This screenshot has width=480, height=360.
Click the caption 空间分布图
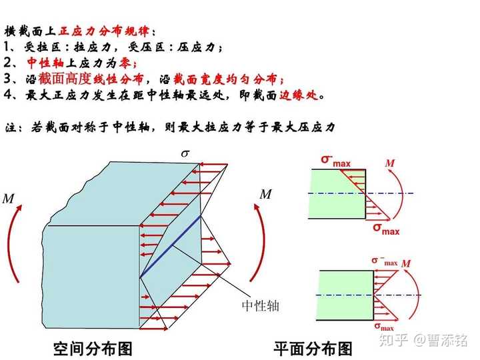click(93, 348)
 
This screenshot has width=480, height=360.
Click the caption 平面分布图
click(313, 348)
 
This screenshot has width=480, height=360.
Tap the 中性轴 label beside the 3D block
click(261, 306)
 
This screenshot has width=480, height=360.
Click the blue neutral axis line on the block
click(171, 246)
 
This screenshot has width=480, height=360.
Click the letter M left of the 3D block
click(9, 199)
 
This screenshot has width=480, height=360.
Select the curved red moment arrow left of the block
click(13, 247)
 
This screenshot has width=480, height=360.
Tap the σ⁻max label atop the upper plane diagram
click(335, 159)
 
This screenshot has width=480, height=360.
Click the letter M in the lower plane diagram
click(406, 264)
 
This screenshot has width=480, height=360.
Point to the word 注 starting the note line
click(10, 127)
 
